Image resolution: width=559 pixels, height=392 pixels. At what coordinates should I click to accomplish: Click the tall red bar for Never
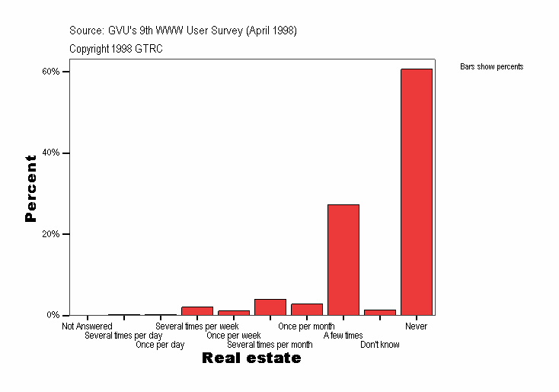(417, 191)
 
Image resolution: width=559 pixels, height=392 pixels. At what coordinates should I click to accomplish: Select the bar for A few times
(343, 259)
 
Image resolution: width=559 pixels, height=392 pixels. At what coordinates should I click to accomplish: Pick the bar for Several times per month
(270, 307)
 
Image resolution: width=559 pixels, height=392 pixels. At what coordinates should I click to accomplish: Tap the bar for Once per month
(307, 309)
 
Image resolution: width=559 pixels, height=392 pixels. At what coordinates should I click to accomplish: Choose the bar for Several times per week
(197, 310)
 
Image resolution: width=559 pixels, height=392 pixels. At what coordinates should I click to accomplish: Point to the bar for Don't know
(380, 312)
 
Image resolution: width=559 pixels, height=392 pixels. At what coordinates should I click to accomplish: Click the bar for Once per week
(234, 312)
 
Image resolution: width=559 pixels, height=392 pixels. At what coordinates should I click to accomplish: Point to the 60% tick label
(51, 72)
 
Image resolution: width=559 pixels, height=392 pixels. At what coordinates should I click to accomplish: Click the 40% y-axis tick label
(51, 153)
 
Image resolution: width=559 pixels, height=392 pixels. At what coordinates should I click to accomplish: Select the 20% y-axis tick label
(51, 234)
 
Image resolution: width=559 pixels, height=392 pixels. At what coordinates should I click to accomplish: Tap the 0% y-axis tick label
(53, 315)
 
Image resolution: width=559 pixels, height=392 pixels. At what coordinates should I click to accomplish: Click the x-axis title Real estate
(251, 358)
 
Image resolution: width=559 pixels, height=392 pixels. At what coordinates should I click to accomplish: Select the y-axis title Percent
(30, 188)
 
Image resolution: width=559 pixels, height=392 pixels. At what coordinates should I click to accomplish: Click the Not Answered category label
(88, 326)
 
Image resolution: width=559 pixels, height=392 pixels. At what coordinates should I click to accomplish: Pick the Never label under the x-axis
(417, 326)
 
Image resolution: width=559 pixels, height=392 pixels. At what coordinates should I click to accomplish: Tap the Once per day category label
(160, 345)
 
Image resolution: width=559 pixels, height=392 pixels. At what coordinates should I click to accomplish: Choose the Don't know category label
(380, 345)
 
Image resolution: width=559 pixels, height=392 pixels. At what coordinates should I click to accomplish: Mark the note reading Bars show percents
(492, 67)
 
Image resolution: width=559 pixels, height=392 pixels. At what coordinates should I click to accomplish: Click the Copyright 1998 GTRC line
(116, 49)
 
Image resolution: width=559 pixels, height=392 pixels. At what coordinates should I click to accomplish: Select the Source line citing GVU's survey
(183, 31)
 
